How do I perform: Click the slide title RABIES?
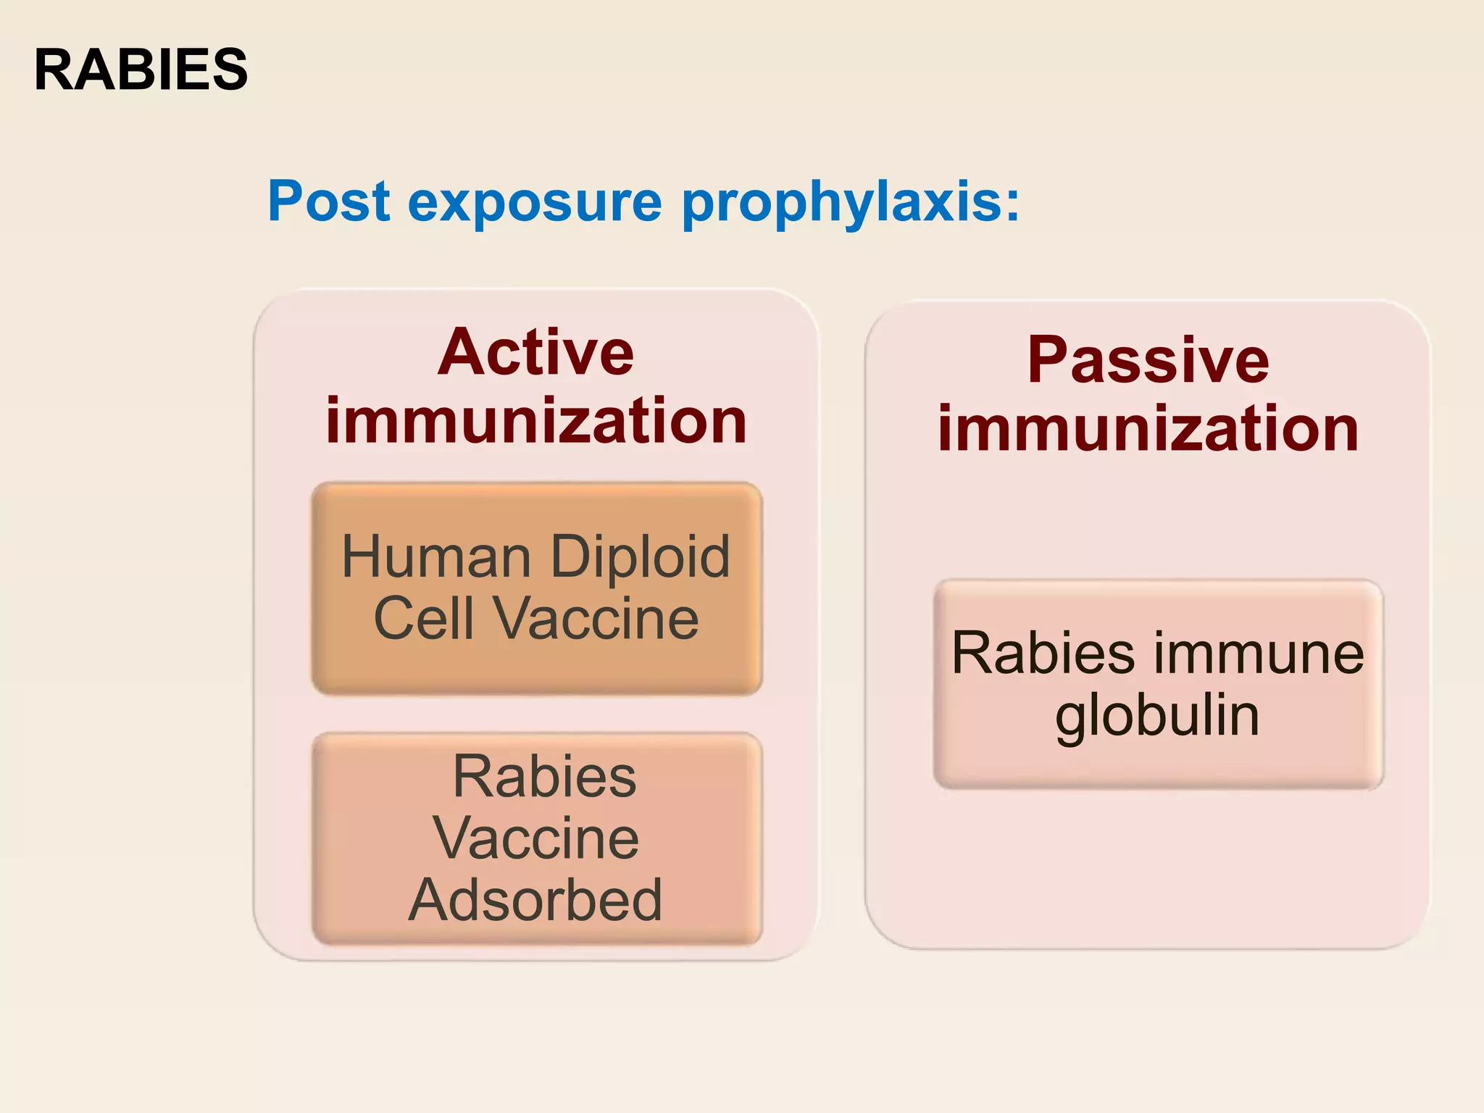pyautogui.click(x=141, y=70)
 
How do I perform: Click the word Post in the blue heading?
pyautogui.click(x=329, y=201)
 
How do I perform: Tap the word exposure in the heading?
pyautogui.click(x=535, y=202)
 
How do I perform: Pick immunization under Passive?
pyautogui.click(x=1148, y=429)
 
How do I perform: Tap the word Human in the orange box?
pyautogui.click(x=437, y=556)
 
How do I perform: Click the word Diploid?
pyautogui.click(x=640, y=556)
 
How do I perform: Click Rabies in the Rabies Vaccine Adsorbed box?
pyautogui.click(x=544, y=776)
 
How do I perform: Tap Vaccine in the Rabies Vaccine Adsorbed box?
pyautogui.click(x=535, y=838)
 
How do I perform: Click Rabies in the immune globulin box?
pyautogui.click(x=1042, y=653)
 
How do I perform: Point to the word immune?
pyautogui.click(x=1258, y=653)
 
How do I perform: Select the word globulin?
pyautogui.click(x=1157, y=716)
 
